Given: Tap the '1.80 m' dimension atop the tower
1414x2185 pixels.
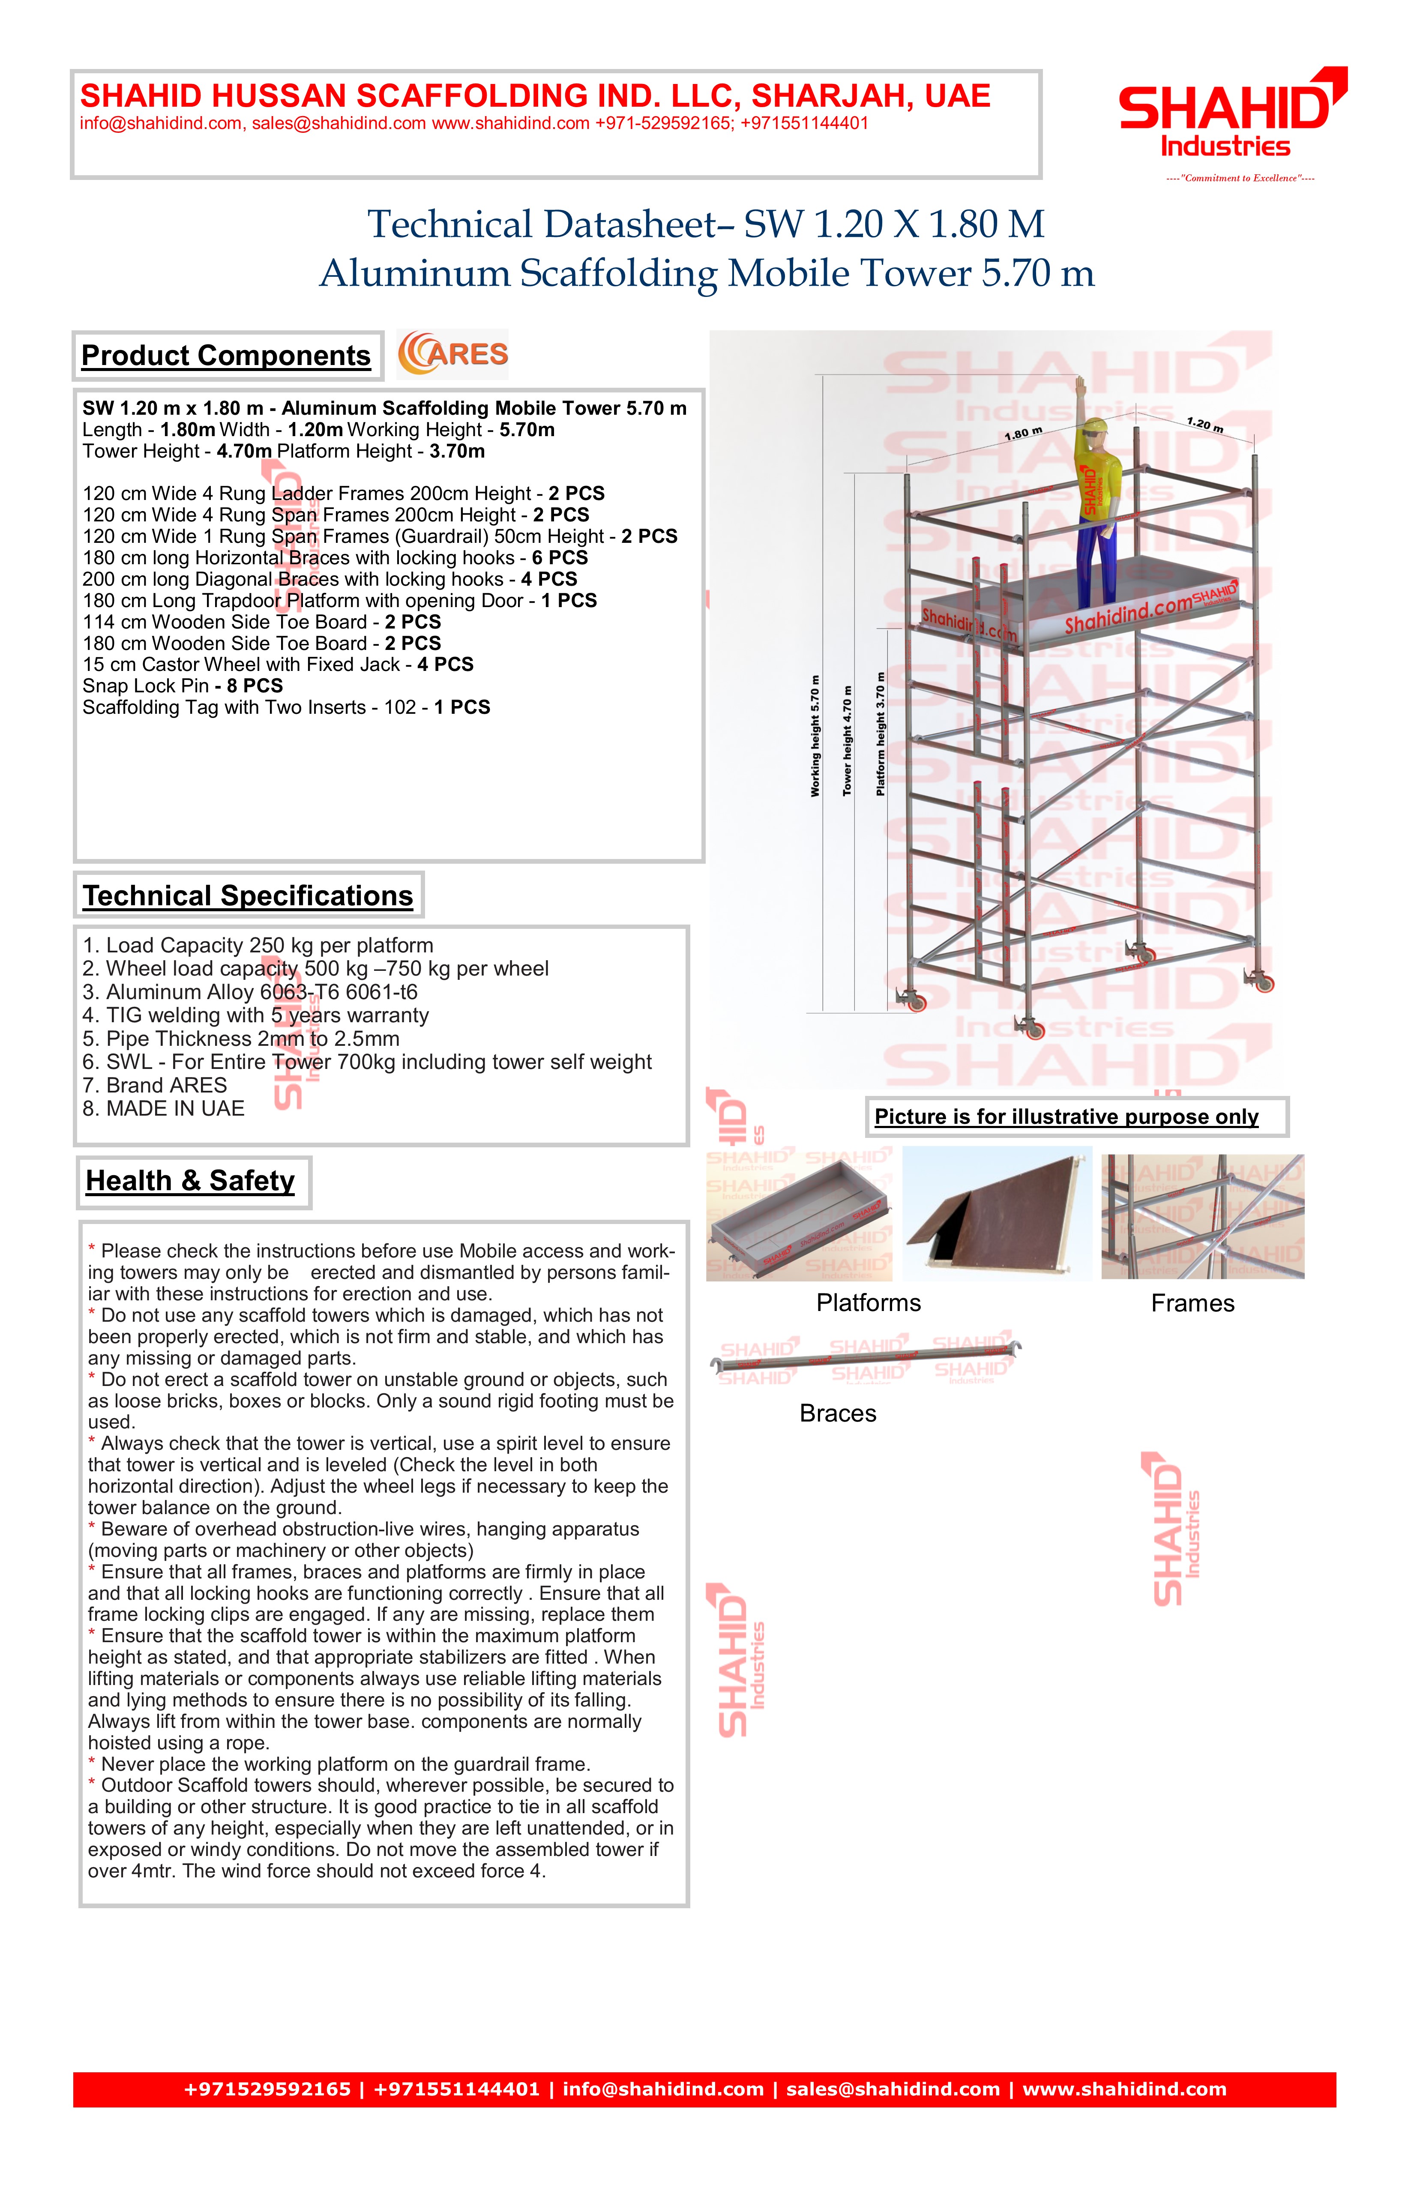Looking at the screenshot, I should click(x=1023, y=433).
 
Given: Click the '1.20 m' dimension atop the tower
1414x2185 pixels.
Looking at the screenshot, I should click(x=1204, y=424).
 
